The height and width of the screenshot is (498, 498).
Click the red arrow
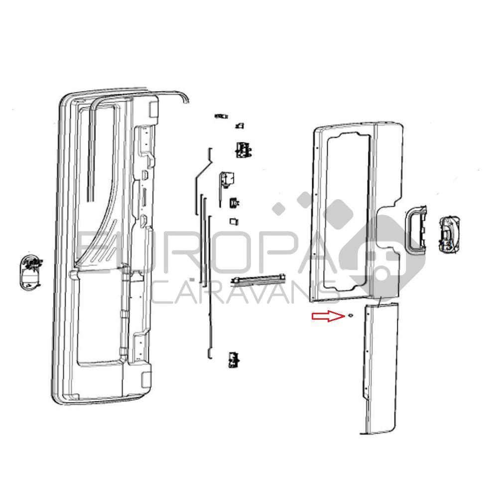click(328, 316)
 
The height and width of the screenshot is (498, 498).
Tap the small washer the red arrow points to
click(351, 315)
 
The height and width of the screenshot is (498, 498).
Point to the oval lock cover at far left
click(31, 271)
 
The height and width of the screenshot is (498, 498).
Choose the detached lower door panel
click(379, 368)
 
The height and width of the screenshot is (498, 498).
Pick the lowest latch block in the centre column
click(234, 360)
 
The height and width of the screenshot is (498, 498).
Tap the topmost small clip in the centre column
click(221, 116)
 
